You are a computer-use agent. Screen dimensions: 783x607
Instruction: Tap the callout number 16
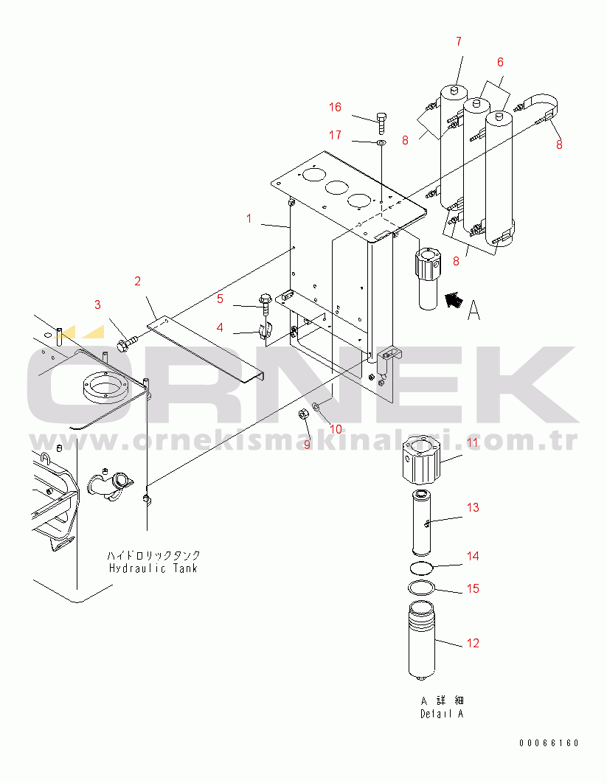335,108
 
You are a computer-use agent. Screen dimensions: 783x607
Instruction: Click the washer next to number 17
381,142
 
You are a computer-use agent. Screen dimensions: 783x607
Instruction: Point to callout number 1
249,218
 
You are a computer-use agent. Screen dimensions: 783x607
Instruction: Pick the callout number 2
137,280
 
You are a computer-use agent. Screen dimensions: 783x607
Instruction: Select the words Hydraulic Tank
153,568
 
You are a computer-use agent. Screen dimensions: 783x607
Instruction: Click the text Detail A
443,714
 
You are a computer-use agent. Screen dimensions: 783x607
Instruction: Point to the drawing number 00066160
548,743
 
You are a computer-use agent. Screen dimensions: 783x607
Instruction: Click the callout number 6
499,62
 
